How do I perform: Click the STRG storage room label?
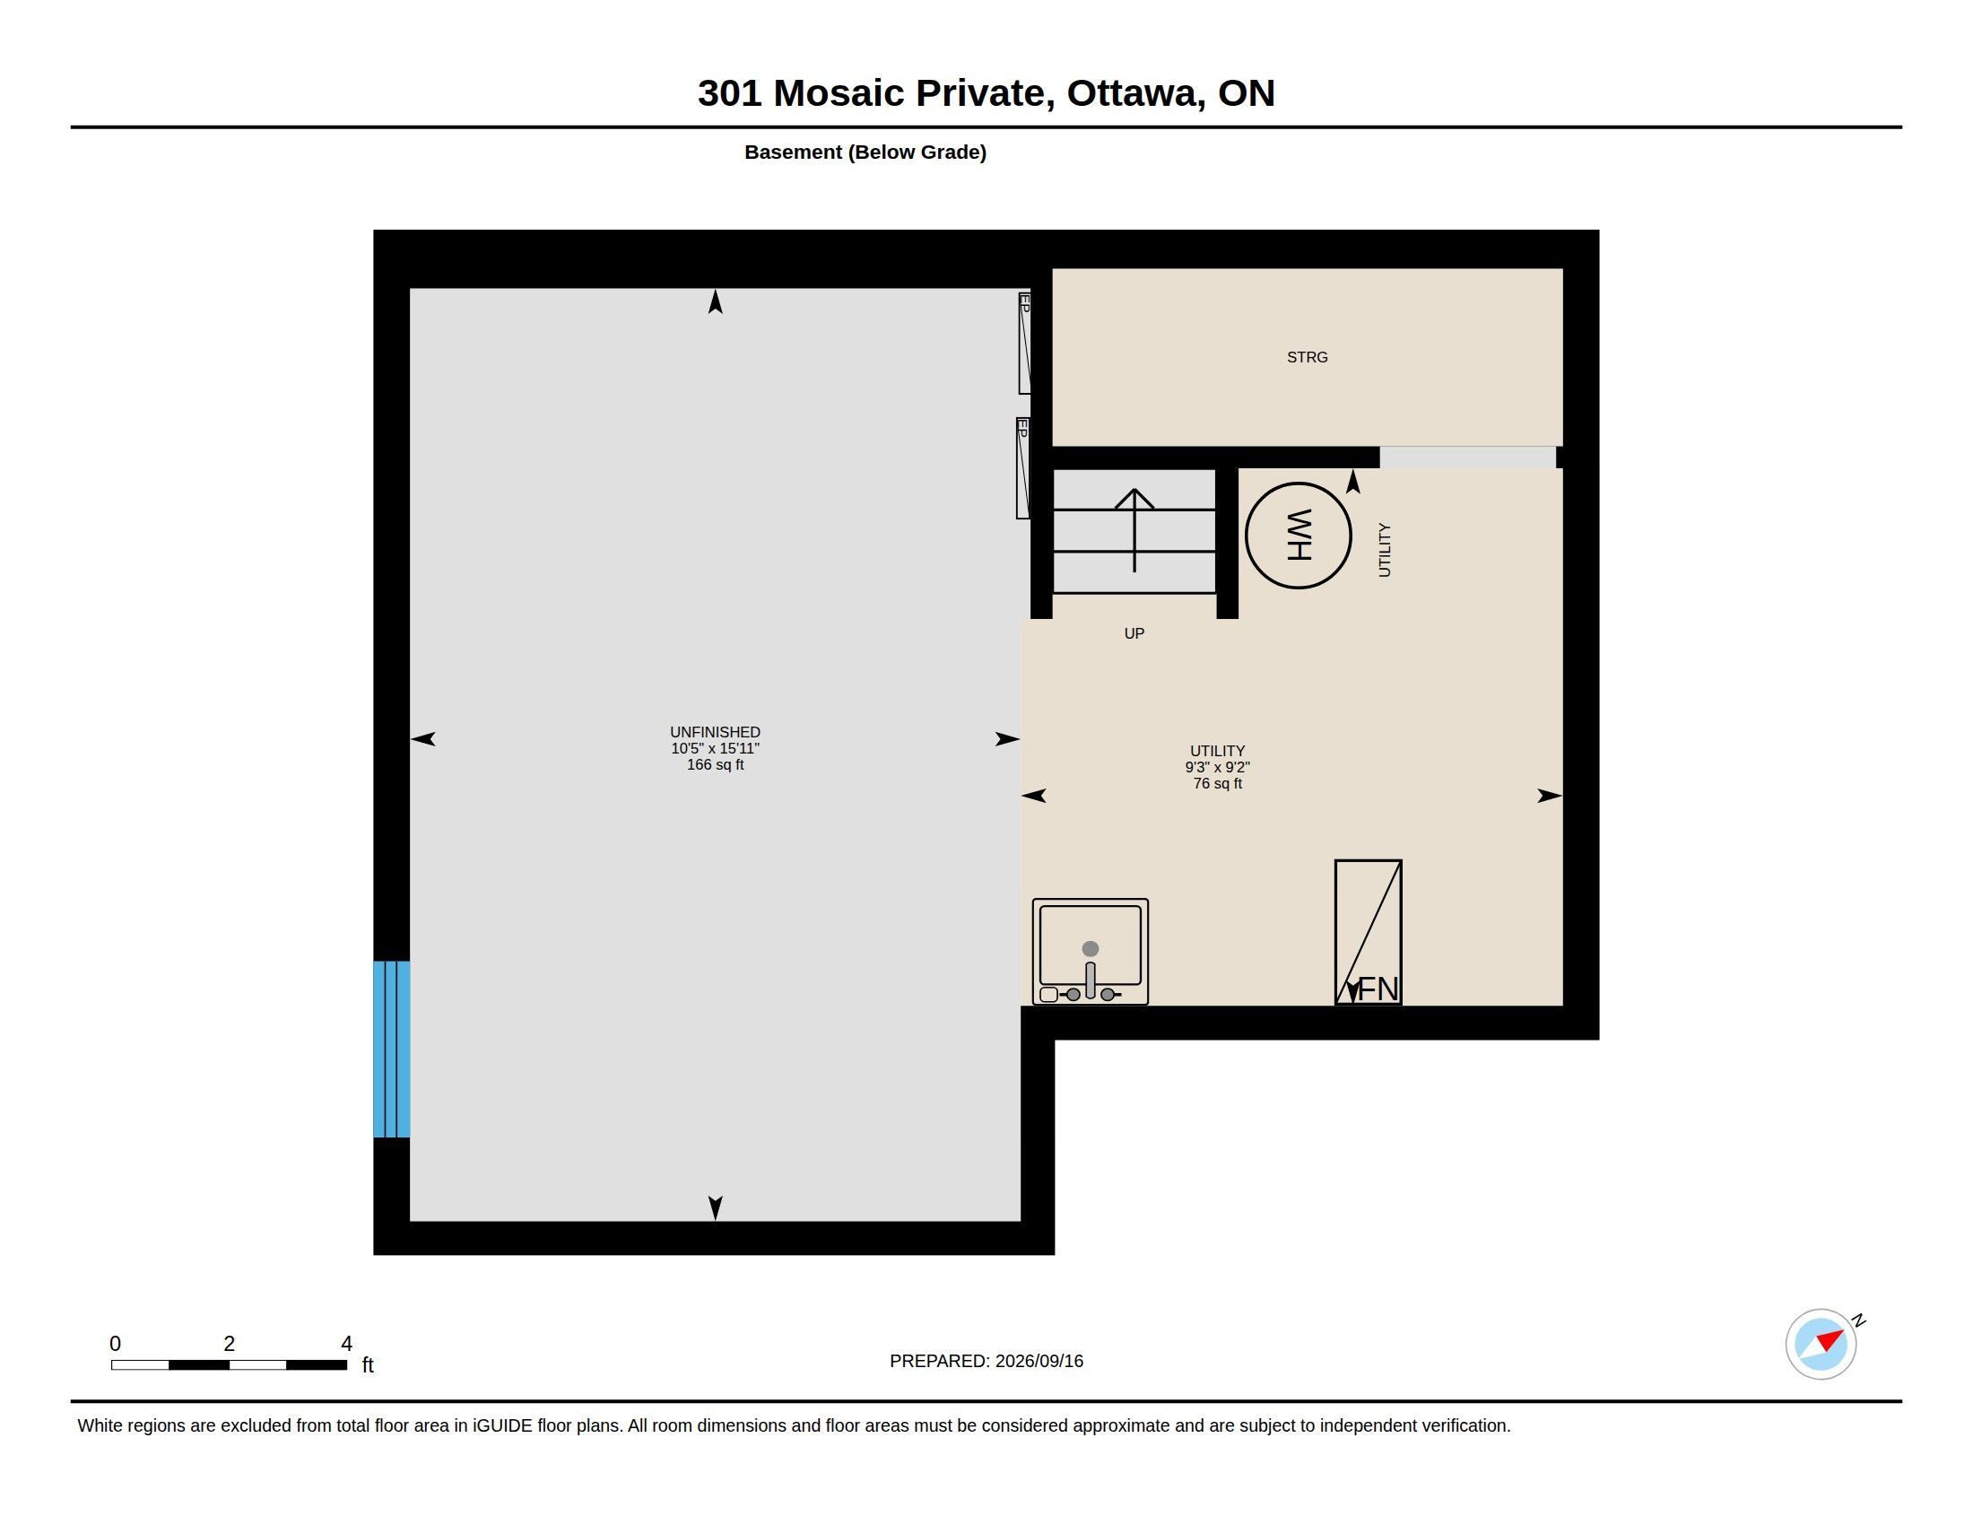(x=1307, y=357)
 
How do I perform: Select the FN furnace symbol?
(x=1368, y=931)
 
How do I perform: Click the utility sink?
(x=1090, y=950)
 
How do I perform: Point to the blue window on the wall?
(x=391, y=1048)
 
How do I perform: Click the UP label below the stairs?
(x=1134, y=633)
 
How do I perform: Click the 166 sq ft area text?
(x=715, y=764)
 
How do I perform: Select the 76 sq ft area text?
(x=1217, y=783)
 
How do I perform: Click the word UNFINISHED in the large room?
(x=715, y=732)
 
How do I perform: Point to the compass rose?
(x=1821, y=1344)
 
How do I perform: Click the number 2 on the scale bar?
(x=230, y=1344)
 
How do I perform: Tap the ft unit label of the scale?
(x=368, y=1364)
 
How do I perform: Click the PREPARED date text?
(x=986, y=1361)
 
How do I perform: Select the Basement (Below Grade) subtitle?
(x=865, y=152)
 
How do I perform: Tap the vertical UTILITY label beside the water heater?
(x=1384, y=549)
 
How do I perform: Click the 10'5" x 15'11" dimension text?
(x=715, y=748)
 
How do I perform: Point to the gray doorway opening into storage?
(x=1467, y=457)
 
